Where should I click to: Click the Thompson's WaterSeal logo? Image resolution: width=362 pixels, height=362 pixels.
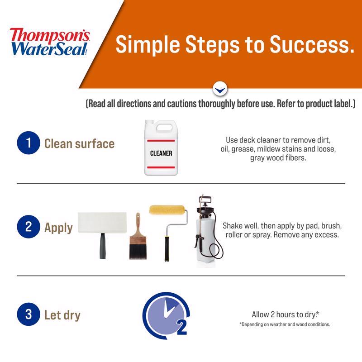(50, 42)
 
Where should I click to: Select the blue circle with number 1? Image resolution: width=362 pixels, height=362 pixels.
(29, 144)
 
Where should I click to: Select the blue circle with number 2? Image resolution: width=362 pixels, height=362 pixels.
(29, 227)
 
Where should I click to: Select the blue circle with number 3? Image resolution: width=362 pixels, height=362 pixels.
(29, 314)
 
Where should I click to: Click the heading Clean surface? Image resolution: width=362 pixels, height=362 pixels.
(79, 144)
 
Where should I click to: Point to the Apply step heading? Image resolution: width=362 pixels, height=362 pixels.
(58, 227)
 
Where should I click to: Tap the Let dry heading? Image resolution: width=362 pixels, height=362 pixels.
(62, 315)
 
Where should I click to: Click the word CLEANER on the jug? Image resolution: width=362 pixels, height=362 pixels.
(161, 153)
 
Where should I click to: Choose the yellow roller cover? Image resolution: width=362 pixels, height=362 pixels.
(167, 210)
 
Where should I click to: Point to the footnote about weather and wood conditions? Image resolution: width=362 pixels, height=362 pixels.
(285, 324)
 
